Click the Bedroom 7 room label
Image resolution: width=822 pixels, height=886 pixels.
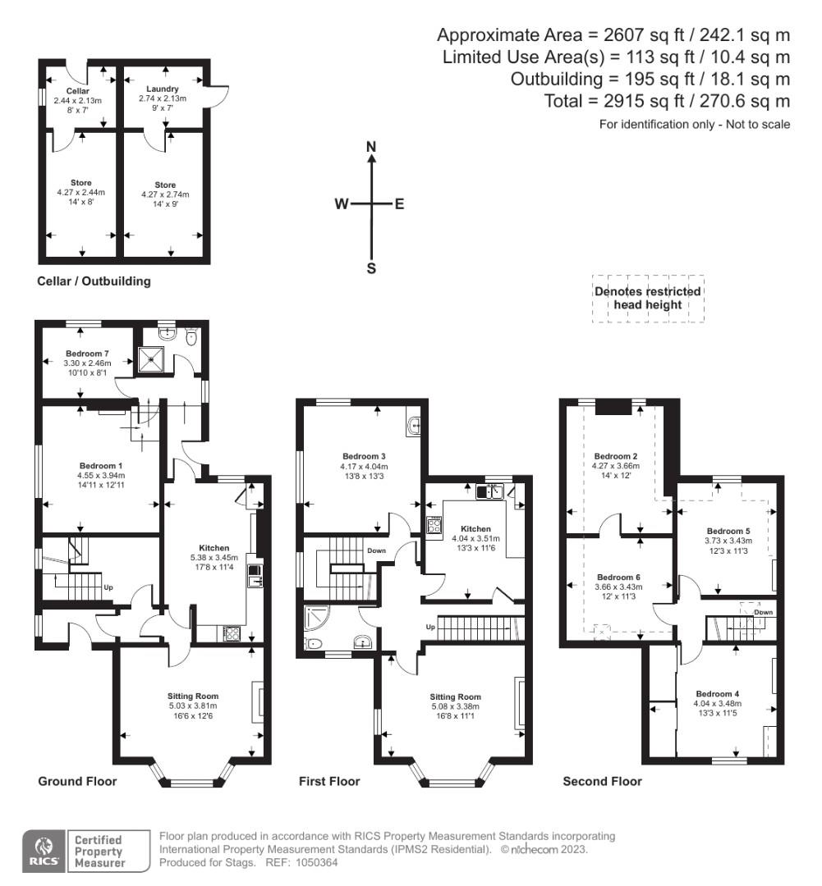tap(87, 354)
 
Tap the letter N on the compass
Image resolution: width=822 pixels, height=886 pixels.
tap(371, 147)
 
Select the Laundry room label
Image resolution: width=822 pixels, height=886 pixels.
tap(163, 89)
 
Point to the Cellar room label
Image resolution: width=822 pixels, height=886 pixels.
tap(77, 90)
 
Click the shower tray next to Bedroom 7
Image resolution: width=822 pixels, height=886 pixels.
tap(151, 358)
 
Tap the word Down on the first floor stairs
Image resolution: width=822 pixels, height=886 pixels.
tap(377, 550)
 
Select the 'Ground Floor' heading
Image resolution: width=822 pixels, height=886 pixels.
tap(77, 781)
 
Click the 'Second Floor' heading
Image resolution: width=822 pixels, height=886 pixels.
tap(602, 781)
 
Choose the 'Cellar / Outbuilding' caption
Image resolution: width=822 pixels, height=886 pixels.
tap(94, 281)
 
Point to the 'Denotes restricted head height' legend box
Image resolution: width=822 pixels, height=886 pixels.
tap(648, 299)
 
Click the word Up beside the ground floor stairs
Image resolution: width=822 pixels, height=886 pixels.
tap(108, 587)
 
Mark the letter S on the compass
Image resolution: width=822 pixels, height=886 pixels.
tap(371, 267)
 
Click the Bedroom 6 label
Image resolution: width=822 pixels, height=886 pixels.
tap(619, 576)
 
